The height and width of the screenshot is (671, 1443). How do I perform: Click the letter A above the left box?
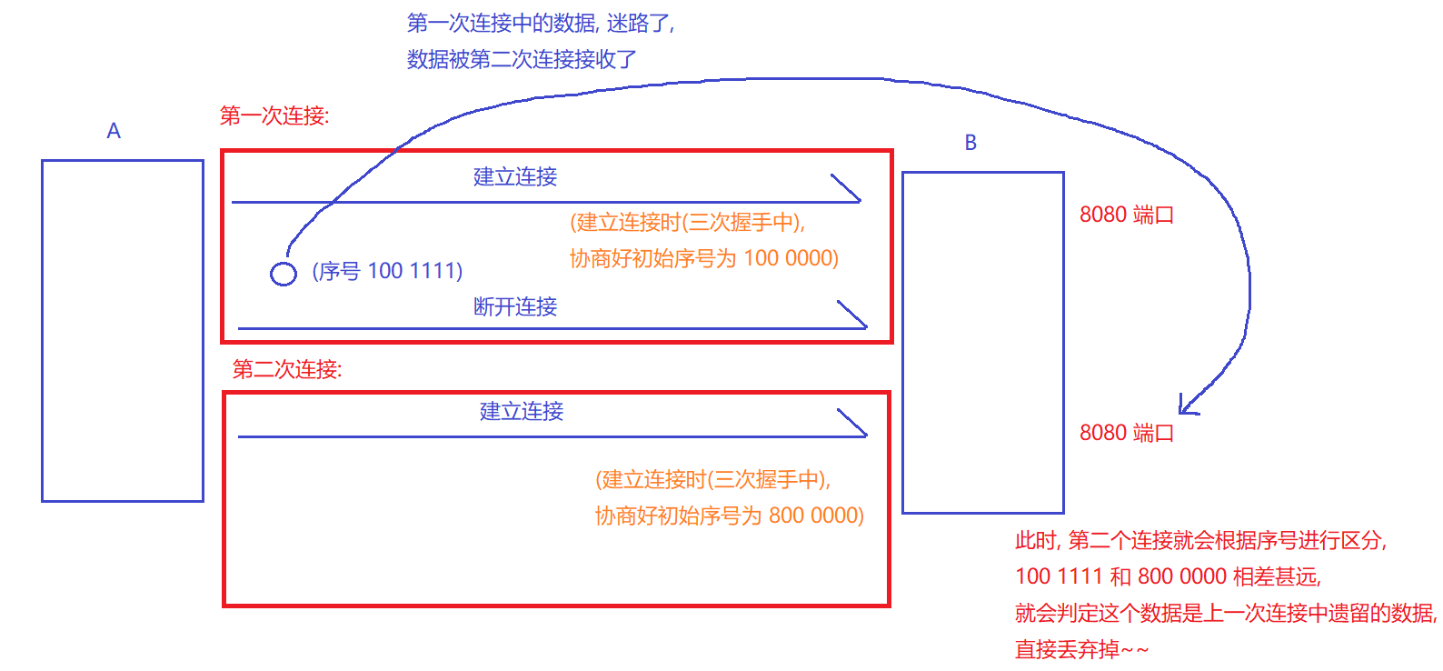pos(114,131)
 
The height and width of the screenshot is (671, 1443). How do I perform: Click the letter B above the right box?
pos(970,143)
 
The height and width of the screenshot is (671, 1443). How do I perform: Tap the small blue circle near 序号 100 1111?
pos(284,273)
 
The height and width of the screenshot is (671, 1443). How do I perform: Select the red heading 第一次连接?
pos(274,115)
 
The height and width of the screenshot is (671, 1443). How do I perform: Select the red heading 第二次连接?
pos(287,369)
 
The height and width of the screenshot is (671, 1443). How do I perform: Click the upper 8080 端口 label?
pos(1126,215)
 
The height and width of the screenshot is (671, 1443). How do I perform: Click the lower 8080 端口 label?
pos(1126,433)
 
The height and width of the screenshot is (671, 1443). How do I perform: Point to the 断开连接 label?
pos(515,306)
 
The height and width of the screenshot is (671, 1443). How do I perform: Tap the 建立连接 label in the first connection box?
pos(515,176)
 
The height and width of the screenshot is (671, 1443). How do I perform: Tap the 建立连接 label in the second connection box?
pos(522,411)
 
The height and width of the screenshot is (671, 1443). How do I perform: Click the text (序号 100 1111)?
pos(387,271)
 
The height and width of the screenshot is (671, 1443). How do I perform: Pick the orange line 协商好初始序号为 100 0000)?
pos(703,258)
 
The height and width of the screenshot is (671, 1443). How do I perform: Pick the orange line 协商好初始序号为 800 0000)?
pos(729,516)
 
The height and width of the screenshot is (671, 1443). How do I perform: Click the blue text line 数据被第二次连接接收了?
pos(522,59)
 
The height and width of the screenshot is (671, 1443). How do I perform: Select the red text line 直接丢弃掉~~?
pos(1081,649)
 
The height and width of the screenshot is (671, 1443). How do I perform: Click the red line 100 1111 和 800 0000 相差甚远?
pos(1168,576)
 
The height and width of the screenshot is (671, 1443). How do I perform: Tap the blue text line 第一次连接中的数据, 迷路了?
pos(541,23)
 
